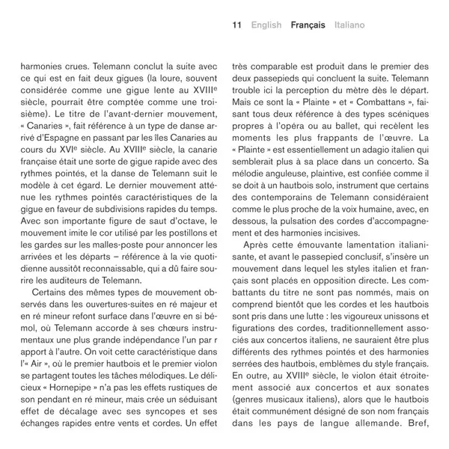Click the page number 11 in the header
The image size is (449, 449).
pos(236,25)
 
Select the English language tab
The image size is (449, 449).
pos(266,25)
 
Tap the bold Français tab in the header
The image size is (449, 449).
pos(308,25)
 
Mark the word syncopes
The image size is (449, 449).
pos(145,412)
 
